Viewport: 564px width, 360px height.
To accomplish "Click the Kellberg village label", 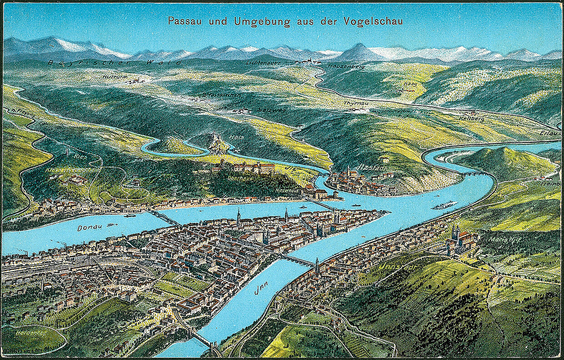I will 472,118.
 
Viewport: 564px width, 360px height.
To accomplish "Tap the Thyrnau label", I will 355,103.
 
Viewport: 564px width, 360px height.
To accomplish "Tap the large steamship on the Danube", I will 444,205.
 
